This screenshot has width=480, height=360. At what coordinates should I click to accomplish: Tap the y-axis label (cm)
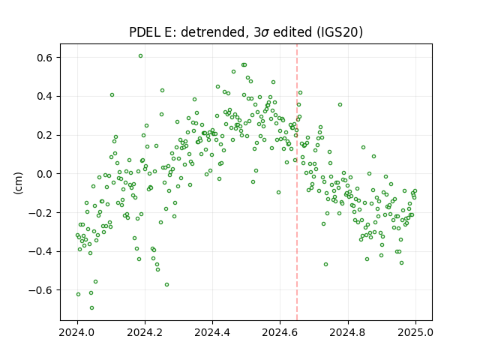click(18, 183)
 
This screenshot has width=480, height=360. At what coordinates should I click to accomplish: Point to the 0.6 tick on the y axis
click(45, 58)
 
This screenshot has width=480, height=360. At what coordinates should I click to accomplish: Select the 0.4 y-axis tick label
click(45, 97)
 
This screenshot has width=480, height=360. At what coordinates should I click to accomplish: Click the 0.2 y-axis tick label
click(45, 135)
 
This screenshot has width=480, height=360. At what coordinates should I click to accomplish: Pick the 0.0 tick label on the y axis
click(45, 174)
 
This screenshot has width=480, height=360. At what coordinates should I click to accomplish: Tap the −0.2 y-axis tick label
click(41, 212)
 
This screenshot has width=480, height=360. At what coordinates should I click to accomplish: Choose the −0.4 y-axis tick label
click(41, 251)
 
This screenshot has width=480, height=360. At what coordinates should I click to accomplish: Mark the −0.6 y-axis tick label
click(41, 290)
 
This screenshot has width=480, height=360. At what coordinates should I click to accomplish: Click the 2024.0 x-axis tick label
click(77, 332)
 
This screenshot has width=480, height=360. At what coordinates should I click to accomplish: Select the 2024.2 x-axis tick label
click(145, 332)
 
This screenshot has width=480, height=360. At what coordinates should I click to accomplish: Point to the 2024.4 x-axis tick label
click(212, 332)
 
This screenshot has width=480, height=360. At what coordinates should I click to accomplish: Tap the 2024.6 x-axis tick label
click(280, 332)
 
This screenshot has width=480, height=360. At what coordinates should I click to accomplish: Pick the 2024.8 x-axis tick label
click(347, 332)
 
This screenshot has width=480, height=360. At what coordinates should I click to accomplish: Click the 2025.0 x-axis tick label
click(415, 332)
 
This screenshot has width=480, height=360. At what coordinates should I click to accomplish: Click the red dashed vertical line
click(297, 182)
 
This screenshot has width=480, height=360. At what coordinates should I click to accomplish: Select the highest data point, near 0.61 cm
click(140, 56)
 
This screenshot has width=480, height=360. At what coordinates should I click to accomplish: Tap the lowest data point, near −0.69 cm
click(91, 308)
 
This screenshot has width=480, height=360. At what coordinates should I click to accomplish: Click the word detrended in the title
click(214, 32)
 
